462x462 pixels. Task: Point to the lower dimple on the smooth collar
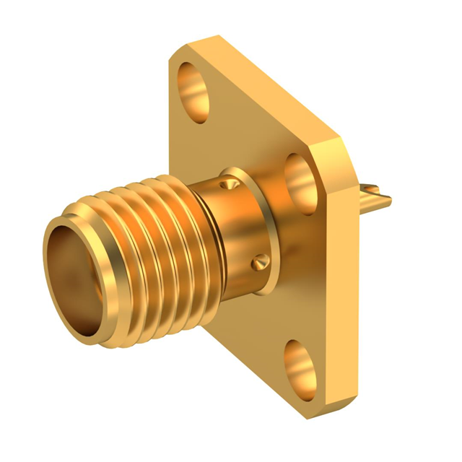(x=261, y=263)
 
